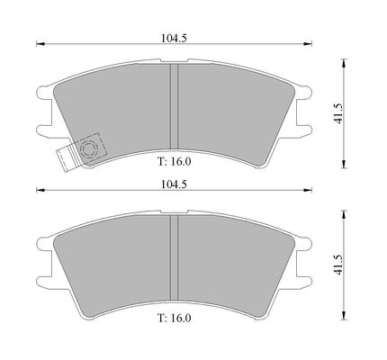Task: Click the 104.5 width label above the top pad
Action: (x=174, y=38)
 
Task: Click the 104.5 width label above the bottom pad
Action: (x=174, y=184)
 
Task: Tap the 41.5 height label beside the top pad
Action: (x=338, y=113)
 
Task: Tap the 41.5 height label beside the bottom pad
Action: (x=338, y=265)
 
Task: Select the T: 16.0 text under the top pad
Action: (x=175, y=162)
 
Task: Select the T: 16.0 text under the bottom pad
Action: (x=175, y=318)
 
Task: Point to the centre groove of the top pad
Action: (x=174, y=106)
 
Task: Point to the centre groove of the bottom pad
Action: (x=174, y=257)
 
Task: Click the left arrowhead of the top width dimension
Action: (x=40, y=44)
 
